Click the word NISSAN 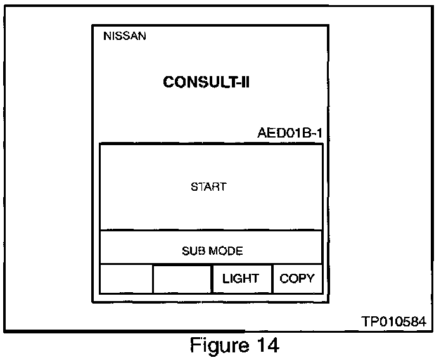pos(124,36)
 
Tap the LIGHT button pos(241,279)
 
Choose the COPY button pos(296,279)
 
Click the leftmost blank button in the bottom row pos(126,279)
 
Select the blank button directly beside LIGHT pos(182,279)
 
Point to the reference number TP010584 pos(393,321)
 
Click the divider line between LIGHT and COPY pos(272,279)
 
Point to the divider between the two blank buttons pos(153,279)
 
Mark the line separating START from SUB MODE pos(211,230)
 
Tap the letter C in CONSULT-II pos(169,82)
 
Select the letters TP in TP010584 pos(369,321)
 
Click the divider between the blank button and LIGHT pos(212,279)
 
